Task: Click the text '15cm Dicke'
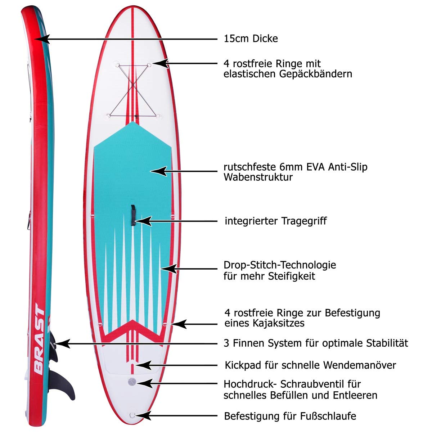pos(251,39)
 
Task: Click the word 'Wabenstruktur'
pos(258,177)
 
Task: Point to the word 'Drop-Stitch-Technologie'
pos(280,265)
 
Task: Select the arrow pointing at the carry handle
pos(180,220)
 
